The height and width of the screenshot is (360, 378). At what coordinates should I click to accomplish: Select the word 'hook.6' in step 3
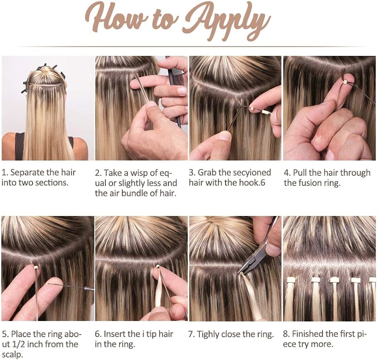(x=252, y=183)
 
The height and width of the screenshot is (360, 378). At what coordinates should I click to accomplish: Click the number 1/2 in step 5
(x=18, y=344)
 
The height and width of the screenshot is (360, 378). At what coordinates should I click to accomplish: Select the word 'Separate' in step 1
(x=27, y=173)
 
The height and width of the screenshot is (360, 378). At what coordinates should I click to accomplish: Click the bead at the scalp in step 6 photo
(x=158, y=267)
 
